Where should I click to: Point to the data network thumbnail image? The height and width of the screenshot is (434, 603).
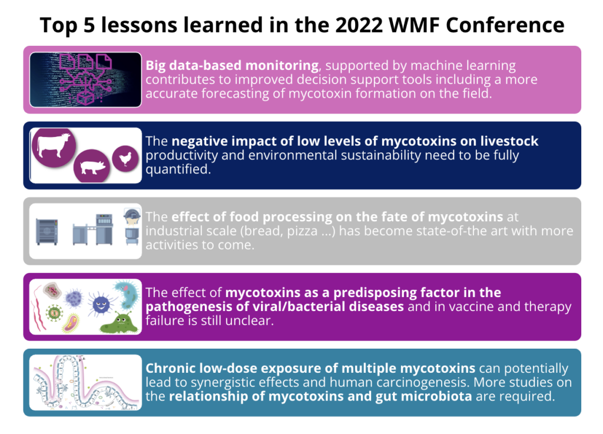(85, 80)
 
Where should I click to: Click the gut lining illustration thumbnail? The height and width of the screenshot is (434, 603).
(85, 382)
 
